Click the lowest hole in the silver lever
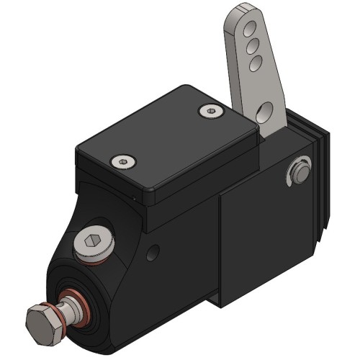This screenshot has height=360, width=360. (x=264, y=110)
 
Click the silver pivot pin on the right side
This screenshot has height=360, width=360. (x=299, y=171)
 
